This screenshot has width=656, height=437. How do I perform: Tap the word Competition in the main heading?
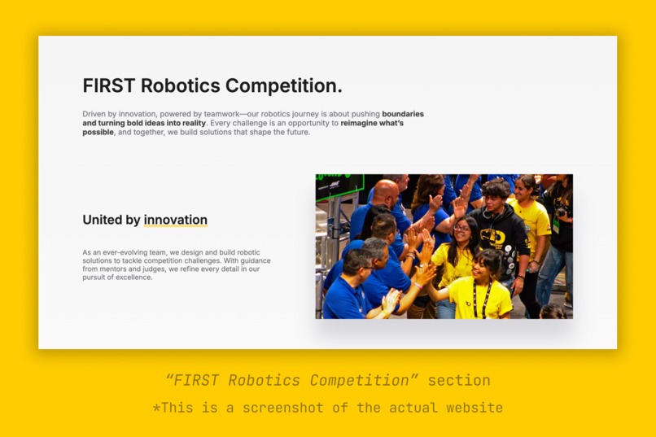(281, 85)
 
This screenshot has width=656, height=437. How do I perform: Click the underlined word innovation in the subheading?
(175, 220)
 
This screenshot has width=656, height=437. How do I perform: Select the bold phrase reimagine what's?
(372, 123)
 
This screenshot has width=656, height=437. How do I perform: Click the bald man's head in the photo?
(386, 193)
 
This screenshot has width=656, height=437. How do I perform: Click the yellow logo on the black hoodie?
(492, 237)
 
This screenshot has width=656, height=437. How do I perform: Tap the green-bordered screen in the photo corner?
(339, 185)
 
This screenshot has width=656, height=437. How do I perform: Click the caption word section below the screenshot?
(459, 380)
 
